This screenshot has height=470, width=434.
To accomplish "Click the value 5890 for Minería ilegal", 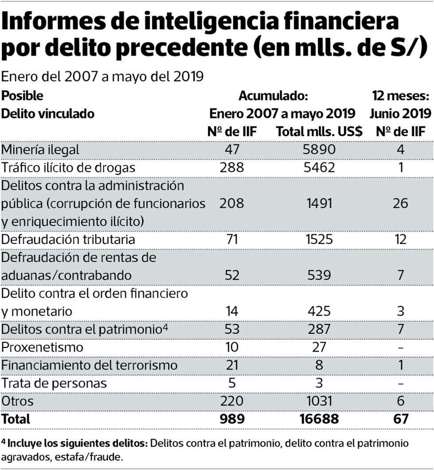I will tap(318, 149).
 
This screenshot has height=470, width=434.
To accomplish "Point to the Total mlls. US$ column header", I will tap(319, 131).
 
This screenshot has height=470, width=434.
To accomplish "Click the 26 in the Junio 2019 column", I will tap(400, 203).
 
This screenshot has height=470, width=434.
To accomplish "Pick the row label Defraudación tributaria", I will tap(68, 239).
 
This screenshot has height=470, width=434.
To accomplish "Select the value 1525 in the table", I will tap(318, 239).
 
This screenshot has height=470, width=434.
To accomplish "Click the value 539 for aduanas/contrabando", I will tap(318, 275).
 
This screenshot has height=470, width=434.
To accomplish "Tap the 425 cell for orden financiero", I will tap(318, 311).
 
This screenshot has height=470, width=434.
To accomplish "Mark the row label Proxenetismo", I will tap(42, 347).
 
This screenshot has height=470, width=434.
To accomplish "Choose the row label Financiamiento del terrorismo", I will tap(89, 365).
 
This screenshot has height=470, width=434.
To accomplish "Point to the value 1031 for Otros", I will tap(318, 401).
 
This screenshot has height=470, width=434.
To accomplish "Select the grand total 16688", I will tap(318, 419).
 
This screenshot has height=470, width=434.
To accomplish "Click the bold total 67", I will tap(400, 419).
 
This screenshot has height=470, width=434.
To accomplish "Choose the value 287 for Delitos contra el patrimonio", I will tap(318, 329).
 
